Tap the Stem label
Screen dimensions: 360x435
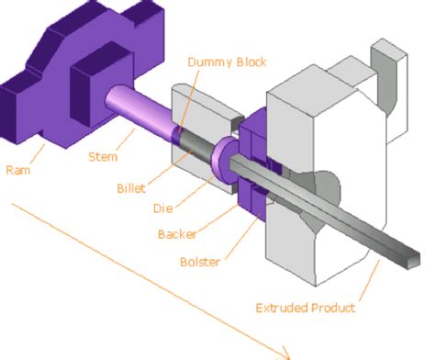(x=103, y=156)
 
